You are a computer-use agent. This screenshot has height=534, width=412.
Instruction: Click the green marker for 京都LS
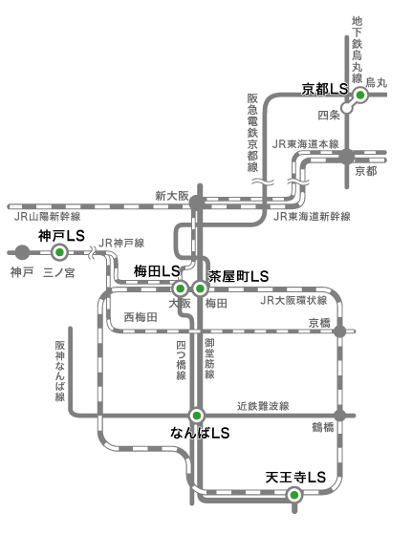(359, 96)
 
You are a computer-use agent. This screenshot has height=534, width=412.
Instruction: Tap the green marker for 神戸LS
(59, 252)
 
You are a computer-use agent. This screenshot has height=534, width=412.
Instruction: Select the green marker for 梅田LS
(180, 288)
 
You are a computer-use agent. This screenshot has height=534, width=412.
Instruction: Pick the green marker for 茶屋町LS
(200, 288)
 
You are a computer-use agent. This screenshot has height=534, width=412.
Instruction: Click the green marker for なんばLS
(196, 416)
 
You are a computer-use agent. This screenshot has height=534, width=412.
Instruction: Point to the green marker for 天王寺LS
(294, 495)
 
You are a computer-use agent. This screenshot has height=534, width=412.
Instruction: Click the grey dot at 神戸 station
(23, 252)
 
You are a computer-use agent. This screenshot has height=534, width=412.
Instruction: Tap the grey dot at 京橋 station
(339, 331)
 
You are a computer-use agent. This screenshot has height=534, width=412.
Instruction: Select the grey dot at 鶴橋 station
(339, 416)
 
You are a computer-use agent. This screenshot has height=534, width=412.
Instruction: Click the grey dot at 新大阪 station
(197, 203)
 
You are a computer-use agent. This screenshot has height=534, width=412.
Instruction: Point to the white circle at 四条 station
(346, 108)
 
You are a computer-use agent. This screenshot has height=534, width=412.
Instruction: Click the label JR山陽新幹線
(48, 216)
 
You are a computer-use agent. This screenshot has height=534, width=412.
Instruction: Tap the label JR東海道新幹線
(312, 216)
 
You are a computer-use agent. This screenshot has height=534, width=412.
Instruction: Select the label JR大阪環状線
(293, 300)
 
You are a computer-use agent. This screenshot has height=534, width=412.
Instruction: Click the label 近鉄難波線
(263, 406)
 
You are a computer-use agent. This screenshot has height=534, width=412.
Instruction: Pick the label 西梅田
(141, 317)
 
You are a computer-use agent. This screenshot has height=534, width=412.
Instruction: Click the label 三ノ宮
(59, 273)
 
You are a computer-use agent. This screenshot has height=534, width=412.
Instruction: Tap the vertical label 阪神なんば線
(60, 372)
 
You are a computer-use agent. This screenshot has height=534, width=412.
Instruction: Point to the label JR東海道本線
(306, 144)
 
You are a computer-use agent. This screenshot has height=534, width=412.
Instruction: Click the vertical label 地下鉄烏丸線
(357, 50)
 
